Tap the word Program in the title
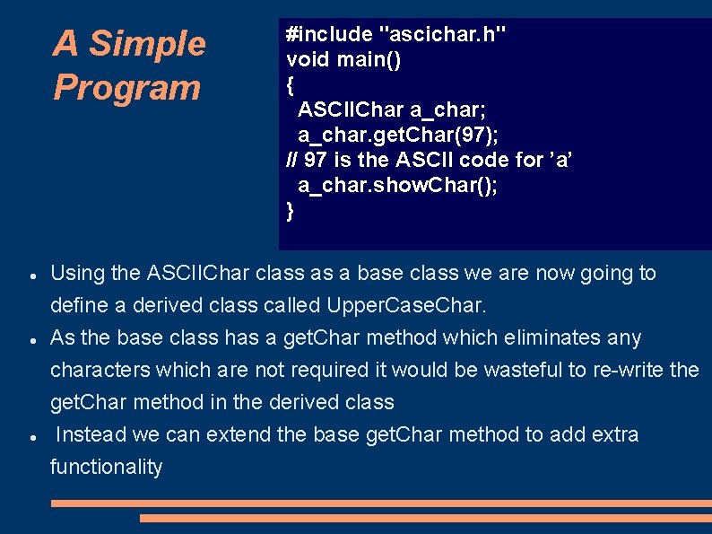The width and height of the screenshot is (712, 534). pyautogui.click(x=126, y=88)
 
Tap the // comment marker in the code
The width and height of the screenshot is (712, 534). pyautogui.click(x=291, y=160)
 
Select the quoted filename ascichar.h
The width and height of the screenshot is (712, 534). pyautogui.click(x=443, y=35)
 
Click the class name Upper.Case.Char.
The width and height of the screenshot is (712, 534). pyautogui.click(x=407, y=306)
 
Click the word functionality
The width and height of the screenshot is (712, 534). pyautogui.click(x=107, y=468)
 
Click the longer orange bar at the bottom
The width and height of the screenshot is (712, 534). pyautogui.click(x=381, y=503)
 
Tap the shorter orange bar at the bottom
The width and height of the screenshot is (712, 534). pyautogui.click(x=425, y=518)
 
